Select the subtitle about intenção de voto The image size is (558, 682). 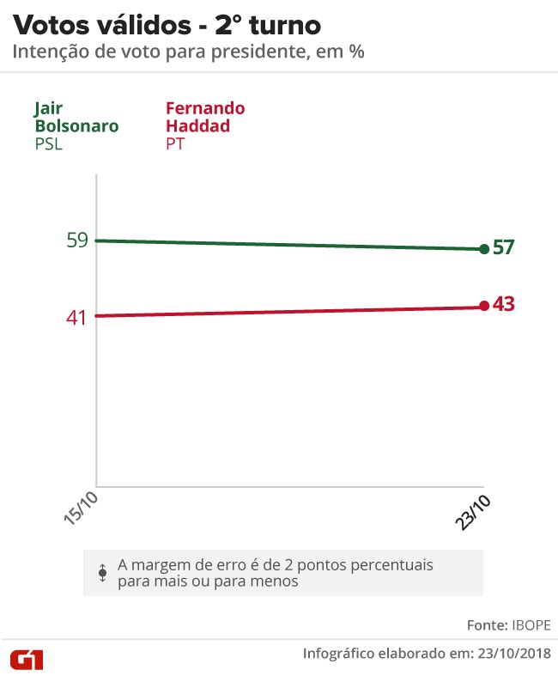pos(188,52)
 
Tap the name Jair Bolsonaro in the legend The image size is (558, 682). pos(76,118)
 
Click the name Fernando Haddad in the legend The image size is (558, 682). pos(204,118)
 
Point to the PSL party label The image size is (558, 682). pos(49,144)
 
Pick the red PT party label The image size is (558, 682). pos(174,144)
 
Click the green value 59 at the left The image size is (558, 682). pos(77,241)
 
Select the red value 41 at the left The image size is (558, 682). pos(77,317)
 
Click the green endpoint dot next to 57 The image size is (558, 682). pos(484,249)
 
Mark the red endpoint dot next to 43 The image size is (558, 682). pos(484,306)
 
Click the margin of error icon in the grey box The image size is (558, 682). pos(102,573)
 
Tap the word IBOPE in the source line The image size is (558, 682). pos(531,624)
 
